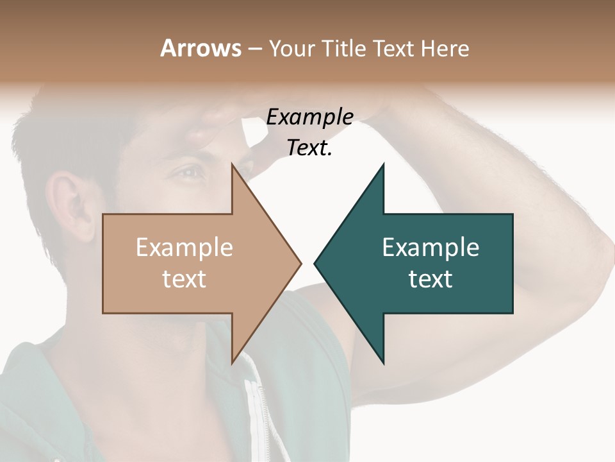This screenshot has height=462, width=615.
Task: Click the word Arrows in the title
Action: coord(201,48)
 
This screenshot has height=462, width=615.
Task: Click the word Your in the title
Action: coord(291,48)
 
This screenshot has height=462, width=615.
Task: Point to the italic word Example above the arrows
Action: coord(309,117)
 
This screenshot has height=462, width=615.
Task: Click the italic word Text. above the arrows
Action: coord(309,148)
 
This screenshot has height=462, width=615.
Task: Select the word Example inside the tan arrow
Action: coord(184,248)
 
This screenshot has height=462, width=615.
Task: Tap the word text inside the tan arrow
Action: coord(184,279)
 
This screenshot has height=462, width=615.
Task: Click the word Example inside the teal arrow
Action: coord(430,248)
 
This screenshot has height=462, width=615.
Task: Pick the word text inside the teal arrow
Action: coord(430,279)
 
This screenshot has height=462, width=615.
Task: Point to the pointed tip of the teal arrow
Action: coord(315,263)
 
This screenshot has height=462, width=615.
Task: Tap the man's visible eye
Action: coord(190,172)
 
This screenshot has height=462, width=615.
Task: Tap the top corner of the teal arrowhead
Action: coord(383,165)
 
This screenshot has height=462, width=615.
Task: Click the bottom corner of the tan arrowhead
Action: coord(232,363)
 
